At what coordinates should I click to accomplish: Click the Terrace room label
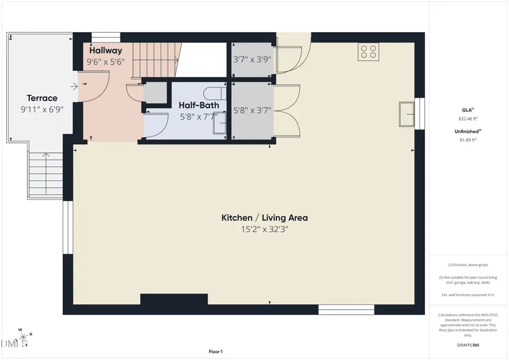[42, 98]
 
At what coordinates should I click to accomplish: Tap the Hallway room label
[105, 50]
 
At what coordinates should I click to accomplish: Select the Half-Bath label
[199, 105]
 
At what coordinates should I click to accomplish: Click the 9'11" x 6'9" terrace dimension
[42, 109]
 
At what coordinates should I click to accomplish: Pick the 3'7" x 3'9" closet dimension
[252, 59]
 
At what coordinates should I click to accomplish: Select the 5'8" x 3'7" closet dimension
[253, 111]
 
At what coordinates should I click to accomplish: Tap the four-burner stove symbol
[368, 52]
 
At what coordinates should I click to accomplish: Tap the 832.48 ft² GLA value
[468, 119]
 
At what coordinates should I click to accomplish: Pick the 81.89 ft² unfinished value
[468, 139]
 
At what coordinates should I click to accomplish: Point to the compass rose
[23, 339]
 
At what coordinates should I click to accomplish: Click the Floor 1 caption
[215, 352]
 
